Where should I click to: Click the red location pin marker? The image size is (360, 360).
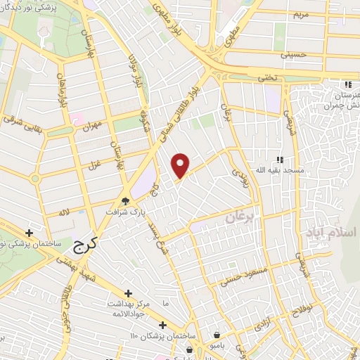coord(181,165)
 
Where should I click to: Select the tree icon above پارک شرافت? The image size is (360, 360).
coord(124,200)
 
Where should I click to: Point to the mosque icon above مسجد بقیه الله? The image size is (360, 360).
coord(280,159)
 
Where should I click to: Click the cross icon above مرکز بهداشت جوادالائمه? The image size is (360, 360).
coord(128,293)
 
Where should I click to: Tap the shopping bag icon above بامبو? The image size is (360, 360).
coord(219,335)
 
